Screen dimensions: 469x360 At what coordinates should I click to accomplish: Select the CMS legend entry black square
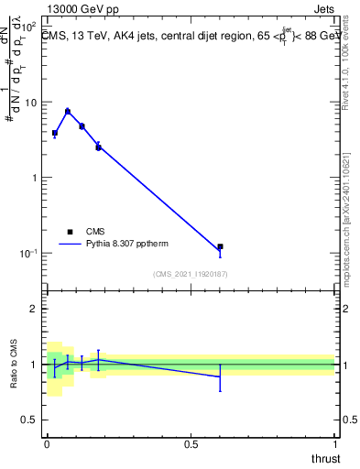pos(70,233)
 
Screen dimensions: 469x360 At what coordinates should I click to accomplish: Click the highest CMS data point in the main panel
pos(68,112)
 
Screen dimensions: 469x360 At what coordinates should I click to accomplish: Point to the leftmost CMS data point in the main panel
pos(55,133)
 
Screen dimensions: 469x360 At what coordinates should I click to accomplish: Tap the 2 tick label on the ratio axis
pos(34,309)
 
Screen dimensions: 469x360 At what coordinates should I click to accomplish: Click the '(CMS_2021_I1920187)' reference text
pos(191,274)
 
